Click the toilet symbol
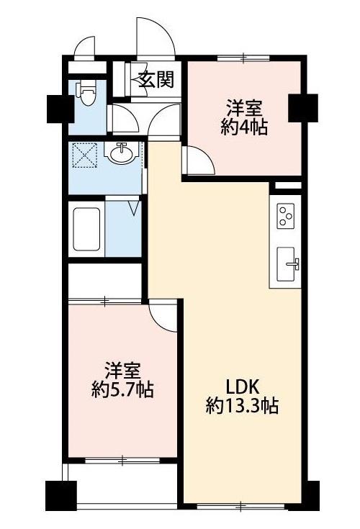coord(86,93)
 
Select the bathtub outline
coord(86,229)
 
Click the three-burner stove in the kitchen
coord(286,214)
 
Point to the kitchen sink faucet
coord(293,263)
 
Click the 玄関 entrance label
coord(156,80)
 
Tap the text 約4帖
coord(244,128)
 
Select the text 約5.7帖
coord(122,390)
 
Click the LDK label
coord(242,387)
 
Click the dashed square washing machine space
coord(86,155)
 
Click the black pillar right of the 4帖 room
coord(302,108)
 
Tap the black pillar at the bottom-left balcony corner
coord(60,495)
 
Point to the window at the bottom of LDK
coord(241,506)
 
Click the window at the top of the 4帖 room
coord(243,58)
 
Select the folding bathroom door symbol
coord(135,209)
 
